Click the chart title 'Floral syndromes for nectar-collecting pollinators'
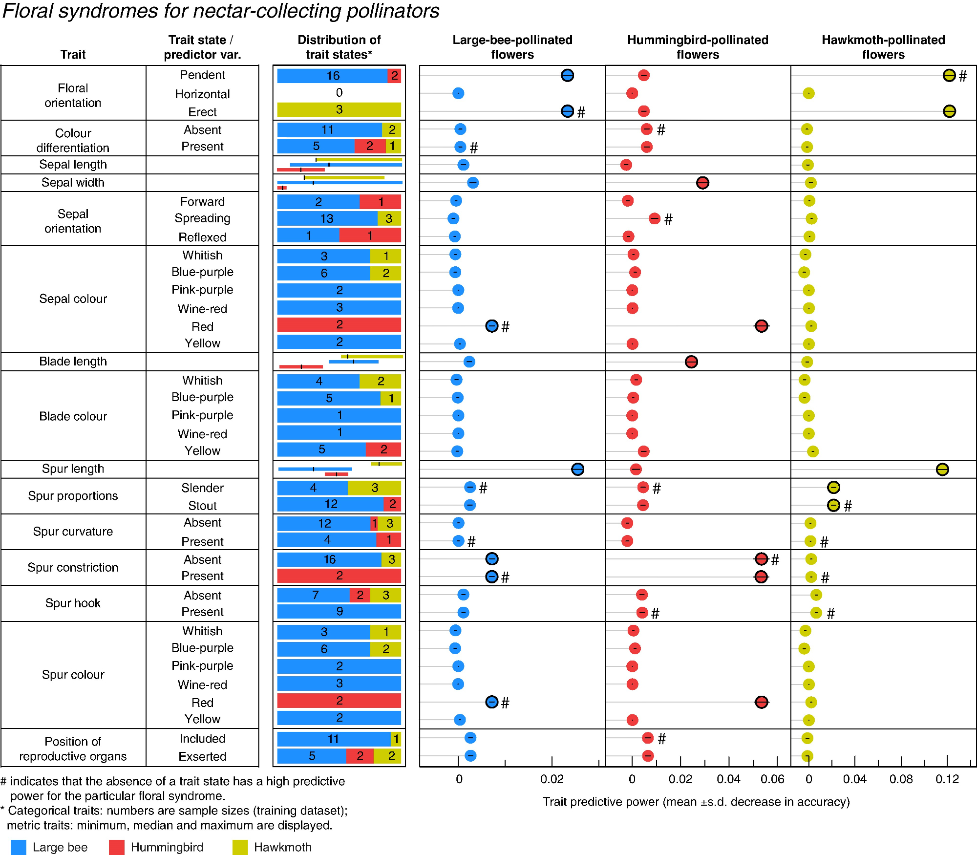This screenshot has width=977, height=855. coord(221,11)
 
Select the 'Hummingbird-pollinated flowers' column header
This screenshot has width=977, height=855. coord(698,47)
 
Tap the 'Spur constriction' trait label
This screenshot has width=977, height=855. coord(73,567)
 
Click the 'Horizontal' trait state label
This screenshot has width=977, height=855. coord(202,94)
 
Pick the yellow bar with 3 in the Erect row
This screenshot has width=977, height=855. coord(339,109)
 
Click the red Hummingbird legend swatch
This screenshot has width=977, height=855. coord(116,847)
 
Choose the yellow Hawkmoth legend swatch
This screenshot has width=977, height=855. coord(240,847)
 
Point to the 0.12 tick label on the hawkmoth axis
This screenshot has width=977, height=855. coord(947,779)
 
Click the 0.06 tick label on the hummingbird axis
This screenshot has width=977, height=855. coord(772,779)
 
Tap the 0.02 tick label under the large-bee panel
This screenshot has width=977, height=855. coord(552,779)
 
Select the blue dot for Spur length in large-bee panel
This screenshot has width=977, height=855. coord(577,469)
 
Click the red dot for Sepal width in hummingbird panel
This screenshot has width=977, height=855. coord(702,183)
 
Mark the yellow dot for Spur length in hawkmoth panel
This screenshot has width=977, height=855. coord(942,469)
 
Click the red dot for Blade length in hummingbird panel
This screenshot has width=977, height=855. coord(691,362)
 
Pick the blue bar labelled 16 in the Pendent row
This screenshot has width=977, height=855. coord(332,76)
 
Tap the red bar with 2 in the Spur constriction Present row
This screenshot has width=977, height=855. coord(339,576)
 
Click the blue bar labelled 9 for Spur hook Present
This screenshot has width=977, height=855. coord(339,611)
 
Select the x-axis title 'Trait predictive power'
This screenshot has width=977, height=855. coord(696,802)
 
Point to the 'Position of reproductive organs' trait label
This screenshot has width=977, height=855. coord(73,748)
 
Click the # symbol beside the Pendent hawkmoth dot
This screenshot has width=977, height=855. coord(963,76)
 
